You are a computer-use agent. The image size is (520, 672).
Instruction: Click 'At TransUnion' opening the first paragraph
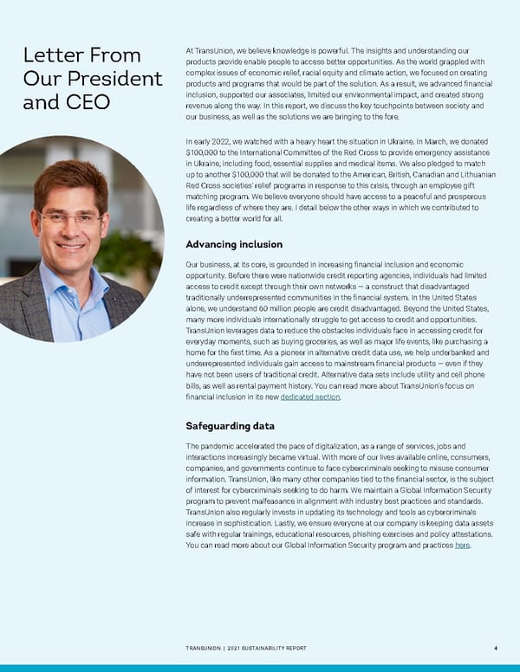212,52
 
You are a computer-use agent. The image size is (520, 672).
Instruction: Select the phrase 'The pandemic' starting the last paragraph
213,445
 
